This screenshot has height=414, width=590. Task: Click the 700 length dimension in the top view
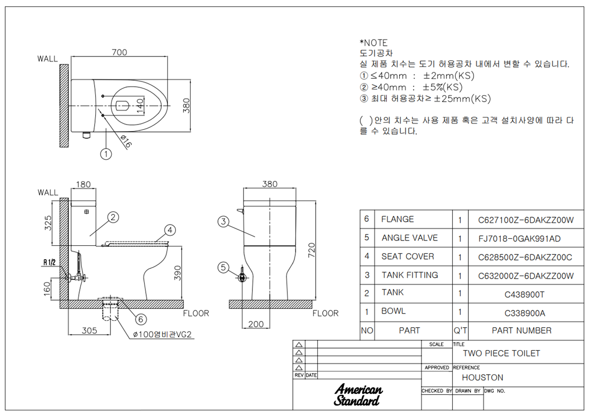(119, 52)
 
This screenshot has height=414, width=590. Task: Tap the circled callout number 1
(106, 154)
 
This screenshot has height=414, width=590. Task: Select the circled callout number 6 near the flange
(141, 319)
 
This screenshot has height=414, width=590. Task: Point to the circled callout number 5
(223, 268)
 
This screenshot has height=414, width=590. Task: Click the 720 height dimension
(311, 251)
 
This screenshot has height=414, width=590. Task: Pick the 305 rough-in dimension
(89, 330)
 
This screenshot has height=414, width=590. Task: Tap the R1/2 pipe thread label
(49, 262)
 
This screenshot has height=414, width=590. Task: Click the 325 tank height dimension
(48, 223)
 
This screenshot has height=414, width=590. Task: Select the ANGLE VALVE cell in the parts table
(410, 238)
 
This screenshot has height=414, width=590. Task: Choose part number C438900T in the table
(525, 295)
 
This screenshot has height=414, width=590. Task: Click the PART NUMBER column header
(521, 330)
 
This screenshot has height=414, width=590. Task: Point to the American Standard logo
(358, 394)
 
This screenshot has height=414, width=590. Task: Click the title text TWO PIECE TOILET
(501, 353)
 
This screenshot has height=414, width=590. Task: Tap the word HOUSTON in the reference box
(483, 377)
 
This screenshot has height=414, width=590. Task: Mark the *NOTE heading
(373, 43)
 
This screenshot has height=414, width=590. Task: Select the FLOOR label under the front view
(325, 313)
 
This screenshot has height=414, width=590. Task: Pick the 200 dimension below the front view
(256, 325)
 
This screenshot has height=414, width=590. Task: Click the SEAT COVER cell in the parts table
(408, 256)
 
